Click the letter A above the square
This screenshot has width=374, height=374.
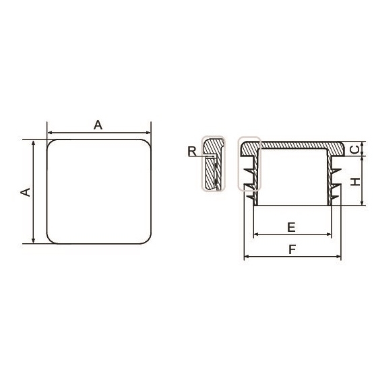pyautogui.click(x=98, y=125)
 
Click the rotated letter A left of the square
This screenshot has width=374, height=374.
pyautogui.click(x=26, y=192)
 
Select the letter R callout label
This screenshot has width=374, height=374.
pyautogui.click(x=192, y=151)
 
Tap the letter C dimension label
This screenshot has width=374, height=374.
pyautogui.click(x=355, y=150)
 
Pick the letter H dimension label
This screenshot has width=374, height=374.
pyautogui.click(x=356, y=182)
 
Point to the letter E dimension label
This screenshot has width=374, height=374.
pyautogui.click(x=291, y=227)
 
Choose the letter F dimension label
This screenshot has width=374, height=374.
pyautogui.click(x=292, y=250)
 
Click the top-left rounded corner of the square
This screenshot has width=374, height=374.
pyautogui.click(x=50, y=144)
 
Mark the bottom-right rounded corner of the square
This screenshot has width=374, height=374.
pyautogui.click(x=148, y=240)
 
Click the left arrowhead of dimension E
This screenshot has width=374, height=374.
pyautogui.click(x=256, y=235)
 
